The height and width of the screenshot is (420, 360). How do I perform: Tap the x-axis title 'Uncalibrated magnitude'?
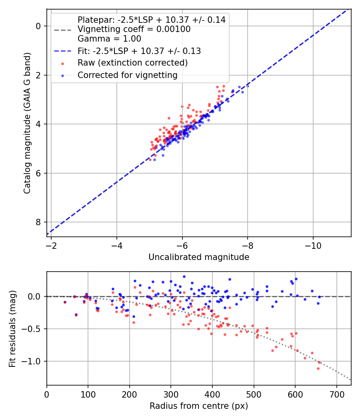point(199,257)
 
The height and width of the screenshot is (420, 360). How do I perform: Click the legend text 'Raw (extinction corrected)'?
point(132,63)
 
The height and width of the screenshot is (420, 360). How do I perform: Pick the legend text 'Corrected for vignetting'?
point(127,75)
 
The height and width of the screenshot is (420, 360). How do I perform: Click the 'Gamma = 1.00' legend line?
point(109,39)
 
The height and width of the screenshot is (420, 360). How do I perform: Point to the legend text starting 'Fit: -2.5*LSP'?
point(139,51)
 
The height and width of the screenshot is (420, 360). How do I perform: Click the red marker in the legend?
point(62,63)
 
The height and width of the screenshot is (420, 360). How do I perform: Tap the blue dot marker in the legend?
point(62,75)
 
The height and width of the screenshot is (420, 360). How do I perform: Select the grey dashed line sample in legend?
point(62,30)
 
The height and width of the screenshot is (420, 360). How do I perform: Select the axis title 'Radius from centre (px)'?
point(199,406)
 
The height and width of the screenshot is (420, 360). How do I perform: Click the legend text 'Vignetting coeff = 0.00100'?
point(134,29)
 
